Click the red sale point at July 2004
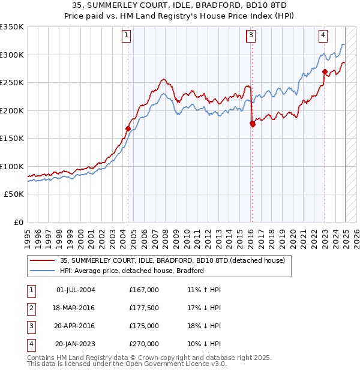pyautogui.click(x=128, y=128)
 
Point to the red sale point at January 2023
pyautogui.click(x=325, y=71)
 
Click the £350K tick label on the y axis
pyautogui.click(x=12, y=27)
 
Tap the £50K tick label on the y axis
pyautogui.click(x=14, y=194)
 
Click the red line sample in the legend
pyautogui.click(x=41, y=260)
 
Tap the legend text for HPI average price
pyautogui.click(x=132, y=271)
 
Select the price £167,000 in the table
pyautogui.click(x=143, y=290)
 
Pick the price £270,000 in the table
pyautogui.click(x=143, y=344)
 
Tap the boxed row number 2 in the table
pyautogui.click(x=30, y=308)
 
